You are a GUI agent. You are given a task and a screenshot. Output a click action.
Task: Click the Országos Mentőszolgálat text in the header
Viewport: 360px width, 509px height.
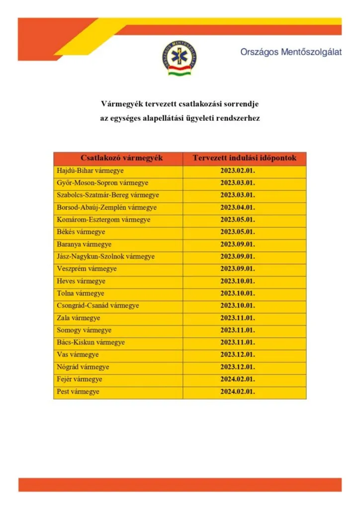[291, 52]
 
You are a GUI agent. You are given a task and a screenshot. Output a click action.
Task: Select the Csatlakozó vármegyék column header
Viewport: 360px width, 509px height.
[118, 159]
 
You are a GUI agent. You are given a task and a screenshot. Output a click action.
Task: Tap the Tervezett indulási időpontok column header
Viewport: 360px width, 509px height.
[245, 159]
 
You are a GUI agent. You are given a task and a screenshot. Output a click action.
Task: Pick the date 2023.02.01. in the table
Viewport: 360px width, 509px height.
[238, 171]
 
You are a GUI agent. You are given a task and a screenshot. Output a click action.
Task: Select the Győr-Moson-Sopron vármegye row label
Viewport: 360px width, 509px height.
[102, 183]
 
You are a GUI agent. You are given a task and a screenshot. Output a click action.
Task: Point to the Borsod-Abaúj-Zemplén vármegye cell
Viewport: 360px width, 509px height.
[107, 207]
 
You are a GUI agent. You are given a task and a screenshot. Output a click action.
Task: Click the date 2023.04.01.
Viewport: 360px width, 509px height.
[238, 207]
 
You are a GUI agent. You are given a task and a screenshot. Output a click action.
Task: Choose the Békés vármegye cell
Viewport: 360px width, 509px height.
[81, 232]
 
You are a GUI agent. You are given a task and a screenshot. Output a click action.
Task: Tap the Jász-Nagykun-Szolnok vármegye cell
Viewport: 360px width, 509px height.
[106, 256]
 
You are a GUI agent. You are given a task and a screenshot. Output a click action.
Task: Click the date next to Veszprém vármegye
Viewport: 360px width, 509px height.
[238, 269]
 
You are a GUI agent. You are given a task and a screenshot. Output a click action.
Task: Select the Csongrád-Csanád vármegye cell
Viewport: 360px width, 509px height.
[98, 306]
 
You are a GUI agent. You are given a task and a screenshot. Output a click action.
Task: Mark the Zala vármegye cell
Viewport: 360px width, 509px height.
[79, 318]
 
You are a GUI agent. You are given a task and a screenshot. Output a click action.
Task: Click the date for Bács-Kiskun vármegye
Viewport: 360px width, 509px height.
[238, 342]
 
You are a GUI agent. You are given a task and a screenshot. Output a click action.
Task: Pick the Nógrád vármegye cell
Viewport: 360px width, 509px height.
[83, 367]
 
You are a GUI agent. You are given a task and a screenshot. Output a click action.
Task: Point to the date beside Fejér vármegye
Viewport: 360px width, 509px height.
[238, 379]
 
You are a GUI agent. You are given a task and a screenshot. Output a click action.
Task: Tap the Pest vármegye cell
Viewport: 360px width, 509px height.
[78, 392]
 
